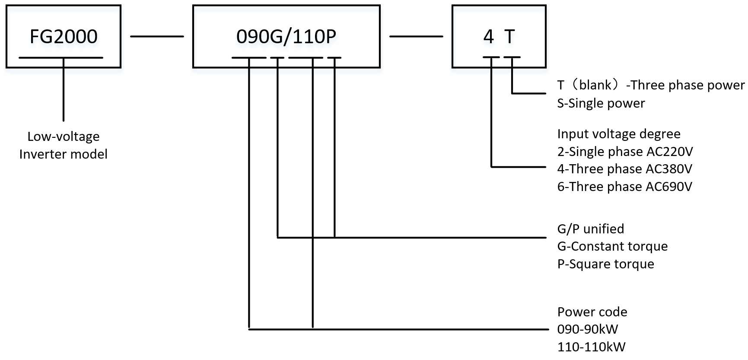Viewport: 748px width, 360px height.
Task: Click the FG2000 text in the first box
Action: click(x=64, y=37)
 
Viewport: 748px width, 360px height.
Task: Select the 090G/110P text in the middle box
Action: click(x=286, y=37)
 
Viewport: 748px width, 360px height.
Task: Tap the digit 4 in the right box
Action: click(x=488, y=37)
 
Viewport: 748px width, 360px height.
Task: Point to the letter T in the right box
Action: click(x=510, y=37)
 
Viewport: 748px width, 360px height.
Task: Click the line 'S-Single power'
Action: click(x=601, y=103)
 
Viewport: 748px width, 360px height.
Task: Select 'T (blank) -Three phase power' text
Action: click(x=651, y=85)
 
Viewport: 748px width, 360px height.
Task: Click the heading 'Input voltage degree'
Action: click(x=618, y=134)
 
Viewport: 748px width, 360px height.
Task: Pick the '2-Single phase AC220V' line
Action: click(x=625, y=152)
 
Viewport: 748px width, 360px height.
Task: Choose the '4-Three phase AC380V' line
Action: click(x=624, y=169)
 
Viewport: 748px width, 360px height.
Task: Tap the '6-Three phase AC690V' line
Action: click(x=624, y=187)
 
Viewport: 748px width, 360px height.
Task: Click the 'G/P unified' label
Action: click(x=590, y=229)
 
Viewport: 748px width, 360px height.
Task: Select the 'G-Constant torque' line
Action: click(x=612, y=246)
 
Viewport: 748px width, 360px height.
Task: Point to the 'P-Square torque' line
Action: click(x=605, y=264)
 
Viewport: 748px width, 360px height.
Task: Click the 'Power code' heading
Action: click(x=592, y=312)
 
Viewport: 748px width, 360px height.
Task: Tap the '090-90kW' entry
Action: click(x=587, y=329)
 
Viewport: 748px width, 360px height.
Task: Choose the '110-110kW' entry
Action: click(x=591, y=347)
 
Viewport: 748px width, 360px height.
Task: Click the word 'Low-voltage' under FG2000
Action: click(x=64, y=137)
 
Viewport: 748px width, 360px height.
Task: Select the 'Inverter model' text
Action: click(x=64, y=154)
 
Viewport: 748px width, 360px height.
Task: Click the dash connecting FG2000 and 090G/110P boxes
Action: click(x=157, y=37)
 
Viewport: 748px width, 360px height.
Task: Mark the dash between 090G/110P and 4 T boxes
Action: click(x=416, y=37)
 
